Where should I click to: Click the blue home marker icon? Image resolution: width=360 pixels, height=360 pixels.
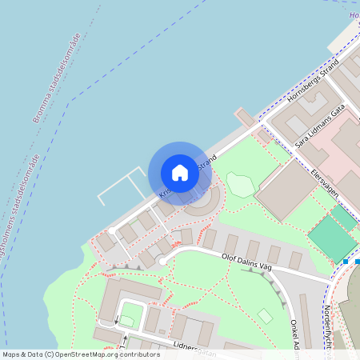[x=180, y=172]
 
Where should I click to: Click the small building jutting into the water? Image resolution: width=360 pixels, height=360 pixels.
[x=244, y=118]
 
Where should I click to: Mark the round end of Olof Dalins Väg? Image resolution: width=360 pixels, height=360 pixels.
[x=162, y=261]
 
